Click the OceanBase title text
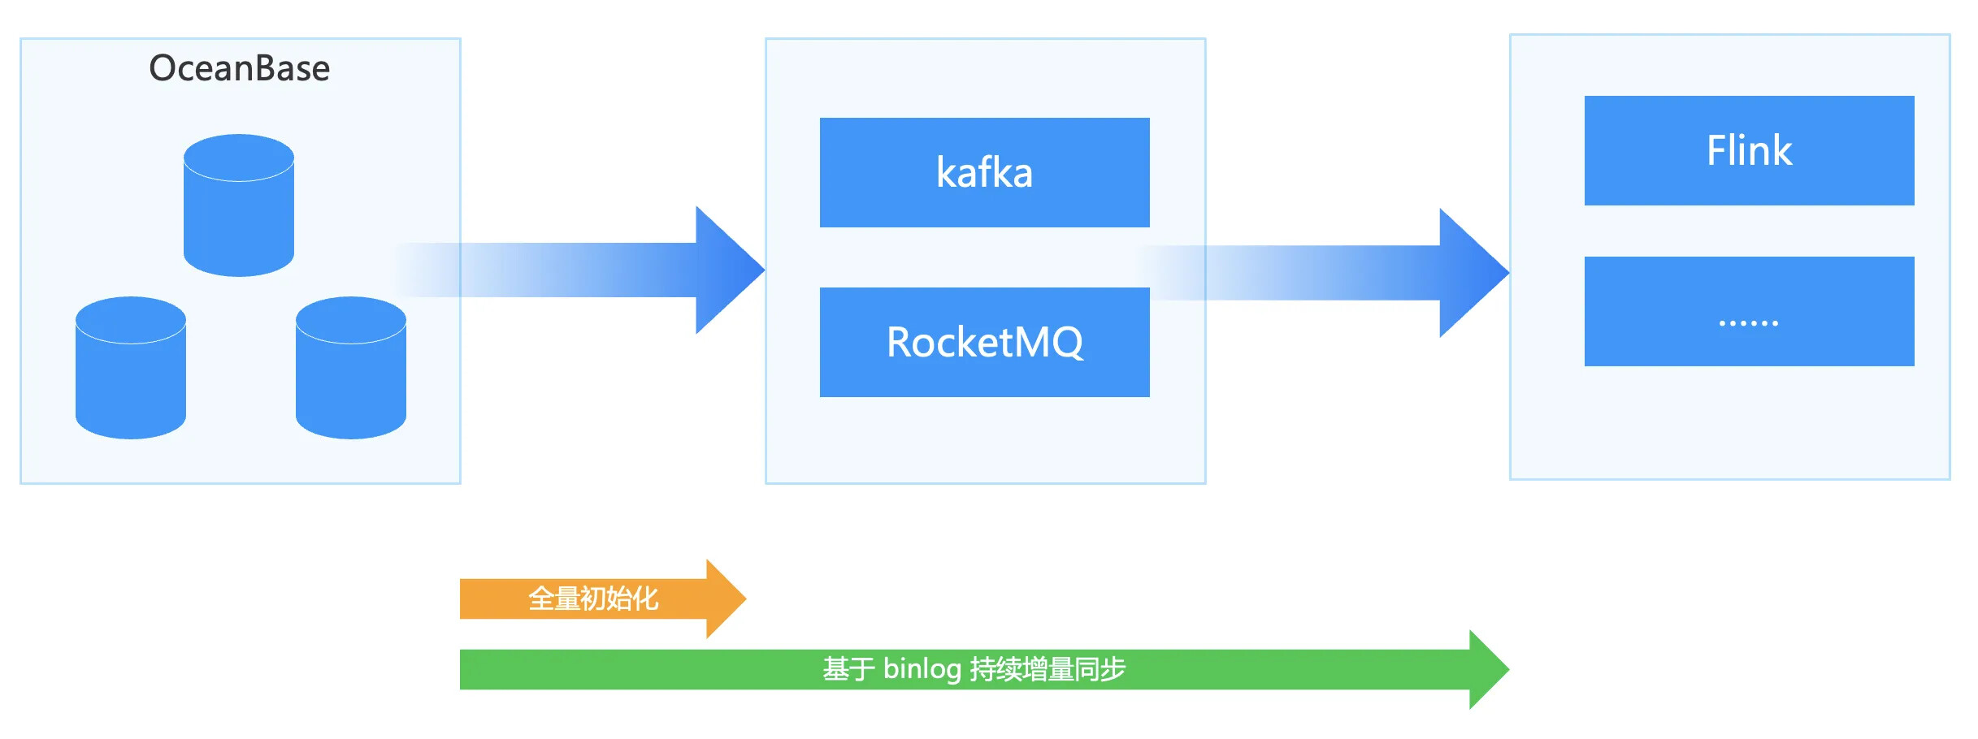(x=240, y=68)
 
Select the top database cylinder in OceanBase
(x=239, y=205)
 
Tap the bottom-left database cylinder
(x=131, y=368)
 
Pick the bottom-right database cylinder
(x=351, y=368)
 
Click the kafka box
(x=985, y=172)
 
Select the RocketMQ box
(x=985, y=342)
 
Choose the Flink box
(x=1750, y=150)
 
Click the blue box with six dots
(x=1750, y=311)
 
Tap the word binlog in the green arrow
(x=922, y=669)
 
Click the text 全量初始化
(x=593, y=599)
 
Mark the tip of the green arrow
(x=1509, y=669)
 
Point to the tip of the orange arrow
(x=746, y=599)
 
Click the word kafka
(x=984, y=172)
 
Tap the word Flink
(x=1749, y=150)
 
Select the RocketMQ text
(x=985, y=342)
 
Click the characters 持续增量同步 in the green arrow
(x=1048, y=669)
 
